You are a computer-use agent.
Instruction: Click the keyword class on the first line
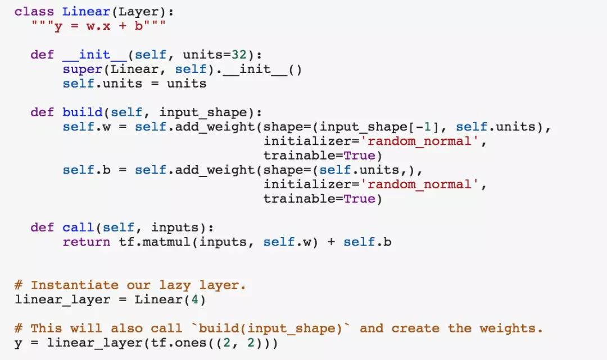pyautogui.click(x=34, y=11)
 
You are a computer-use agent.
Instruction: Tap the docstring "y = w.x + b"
pyautogui.click(x=98, y=26)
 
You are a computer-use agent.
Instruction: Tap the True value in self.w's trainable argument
pyautogui.click(x=359, y=156)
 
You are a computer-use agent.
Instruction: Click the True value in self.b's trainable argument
pyautogui.click(x=359, y=199)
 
